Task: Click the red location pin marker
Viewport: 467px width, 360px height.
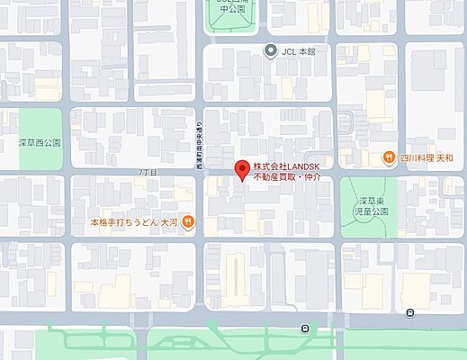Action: [x=241, y=168]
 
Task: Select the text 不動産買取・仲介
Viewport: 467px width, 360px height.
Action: [x=285, y=178]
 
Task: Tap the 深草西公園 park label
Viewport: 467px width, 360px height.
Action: [x=39, y=142]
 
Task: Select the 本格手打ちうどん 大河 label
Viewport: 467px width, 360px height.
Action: [x=134, y=221]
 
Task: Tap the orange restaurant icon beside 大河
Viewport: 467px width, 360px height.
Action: [x=188, y=220]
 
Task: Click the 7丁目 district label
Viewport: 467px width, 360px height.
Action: [x=148, y=171]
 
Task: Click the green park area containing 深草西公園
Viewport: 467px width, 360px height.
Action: [x=40, y=126]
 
